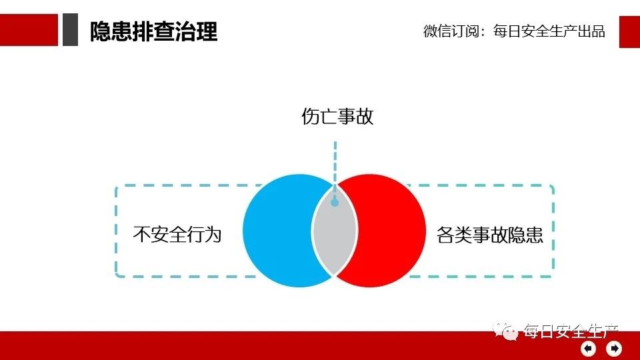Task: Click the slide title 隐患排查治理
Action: (x=153, y=31)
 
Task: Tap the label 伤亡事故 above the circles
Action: (x=337, y=116)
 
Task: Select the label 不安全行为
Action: (x=177, y=234)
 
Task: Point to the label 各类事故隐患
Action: (x=490, y=235)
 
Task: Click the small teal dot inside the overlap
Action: (x=335, y=202)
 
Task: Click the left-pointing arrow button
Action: (x=589, y=349)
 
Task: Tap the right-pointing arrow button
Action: (x=614, y=349)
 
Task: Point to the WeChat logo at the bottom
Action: (x=505, y=331)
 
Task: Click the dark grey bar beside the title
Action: (x=70, y=29)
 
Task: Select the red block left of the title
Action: (x=29, y=30)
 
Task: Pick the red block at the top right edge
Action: (x=629, y=32)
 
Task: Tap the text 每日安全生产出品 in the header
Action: (x=549, y=31)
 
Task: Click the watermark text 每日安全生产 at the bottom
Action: (x=571, y=331)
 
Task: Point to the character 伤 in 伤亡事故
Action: (x=310, y=116)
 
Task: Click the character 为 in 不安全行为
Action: (x=213, y=234)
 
